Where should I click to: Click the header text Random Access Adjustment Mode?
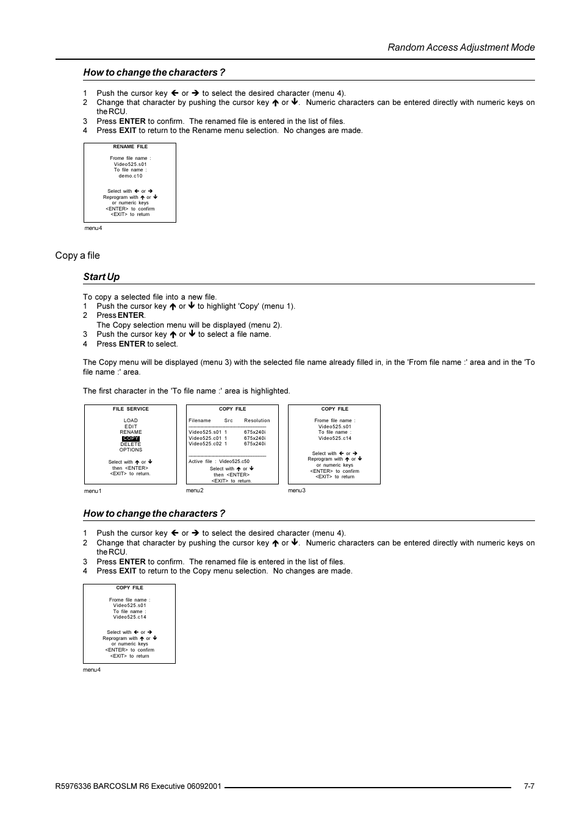pyautogui.click(x=461, y=48)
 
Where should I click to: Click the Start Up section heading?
pyautogui.click(x=101, y=277)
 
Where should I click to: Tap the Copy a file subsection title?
pyautogui.click(x=77, y=256)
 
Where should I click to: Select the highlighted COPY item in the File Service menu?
pyautogui.click(x=131, y=439)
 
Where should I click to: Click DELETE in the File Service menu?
pyautogui.click(x=131, y=444)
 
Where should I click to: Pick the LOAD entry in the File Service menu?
pyautogui.click(x=131, y=420)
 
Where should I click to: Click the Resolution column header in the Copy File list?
pyautogui.click(x=257, y=420)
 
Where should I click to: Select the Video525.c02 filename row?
pyautogui.click(x=205, y=444)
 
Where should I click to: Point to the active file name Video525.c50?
pyautogui.click(x=234, y=461)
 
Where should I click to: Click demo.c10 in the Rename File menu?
pyautogui.click(x=130, y=176)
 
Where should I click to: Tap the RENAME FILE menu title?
pyautogui.click(x=130, y=147)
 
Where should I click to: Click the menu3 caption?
pyautogui.click(x=296, y=491)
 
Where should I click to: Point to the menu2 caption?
pyautogui.click(x=195, y=491)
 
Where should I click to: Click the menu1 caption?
pyautogui.click(x=93, y=491)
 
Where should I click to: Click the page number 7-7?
pyautogui.click(x=529, y=786)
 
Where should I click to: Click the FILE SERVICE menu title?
pyautogui.click(x=131, y=409)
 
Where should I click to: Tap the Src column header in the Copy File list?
pyautogui.click(x=228, y=420)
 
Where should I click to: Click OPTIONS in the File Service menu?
pyautogui.click(x=131, y=450)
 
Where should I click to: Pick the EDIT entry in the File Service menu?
pyautogui.click(x=131, y=426)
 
